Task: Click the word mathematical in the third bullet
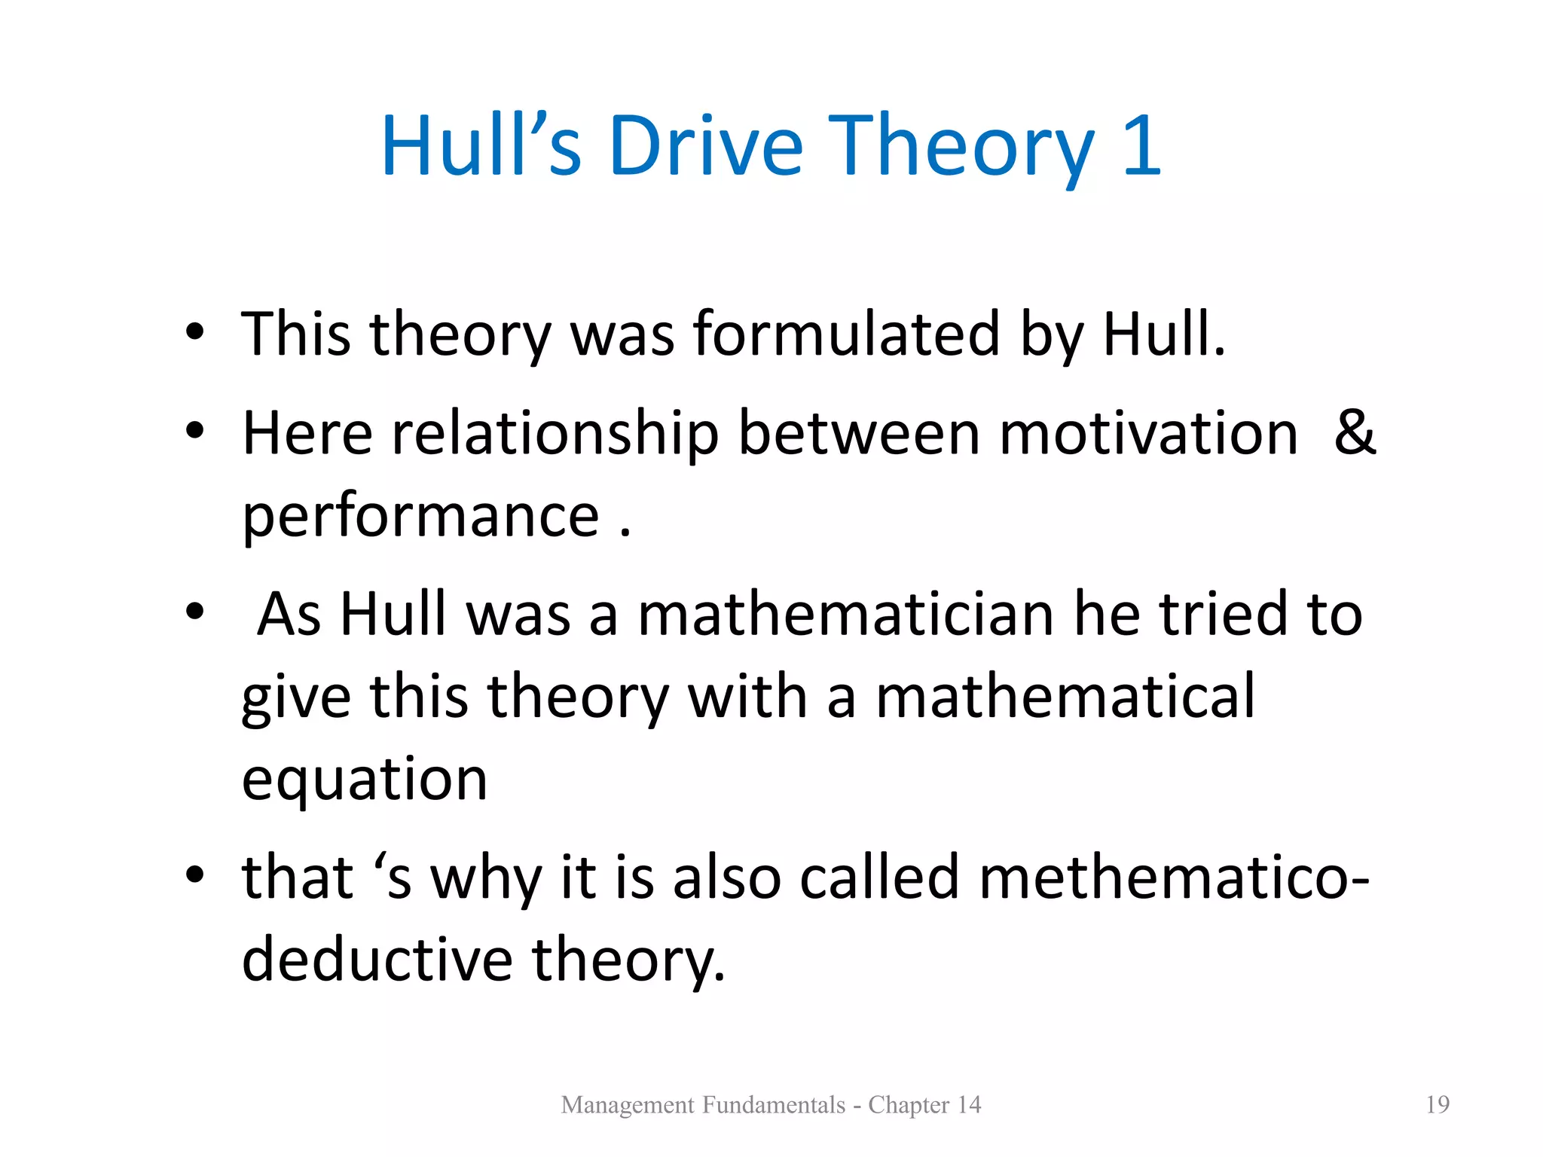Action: pyautogui.click(x=1065, y=697)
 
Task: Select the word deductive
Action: pyautogui.click(x=377, y=960)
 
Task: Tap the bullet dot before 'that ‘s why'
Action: pyautogui.click(x=195, y=875)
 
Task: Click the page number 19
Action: pyautogui.click(x=1438, y=1104)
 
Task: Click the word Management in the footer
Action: pyautogui.click(x=627, y=1105)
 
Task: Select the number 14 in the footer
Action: pyautogui.click(x=969, y=1104)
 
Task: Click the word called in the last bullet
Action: pyautogui.click(x=878, y=878)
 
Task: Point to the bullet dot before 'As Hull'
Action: pyautogui.click(x=195, y=612)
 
